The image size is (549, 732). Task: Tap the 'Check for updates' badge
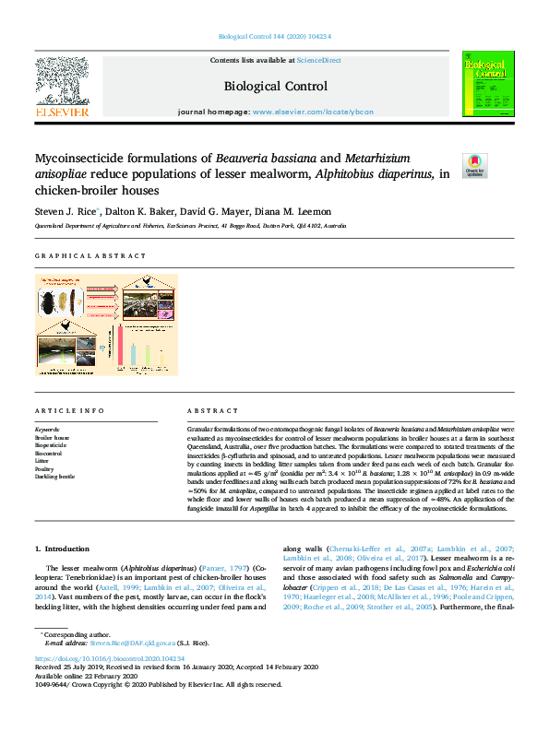coord(475,166)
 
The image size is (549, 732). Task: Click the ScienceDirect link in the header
coord(319,60)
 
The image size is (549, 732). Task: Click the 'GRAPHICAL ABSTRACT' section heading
coord(90,255)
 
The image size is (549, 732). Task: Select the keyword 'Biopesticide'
coord(52,445)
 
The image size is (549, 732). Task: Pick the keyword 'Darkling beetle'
coord(54,477)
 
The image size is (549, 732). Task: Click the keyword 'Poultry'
coord(45,468)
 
